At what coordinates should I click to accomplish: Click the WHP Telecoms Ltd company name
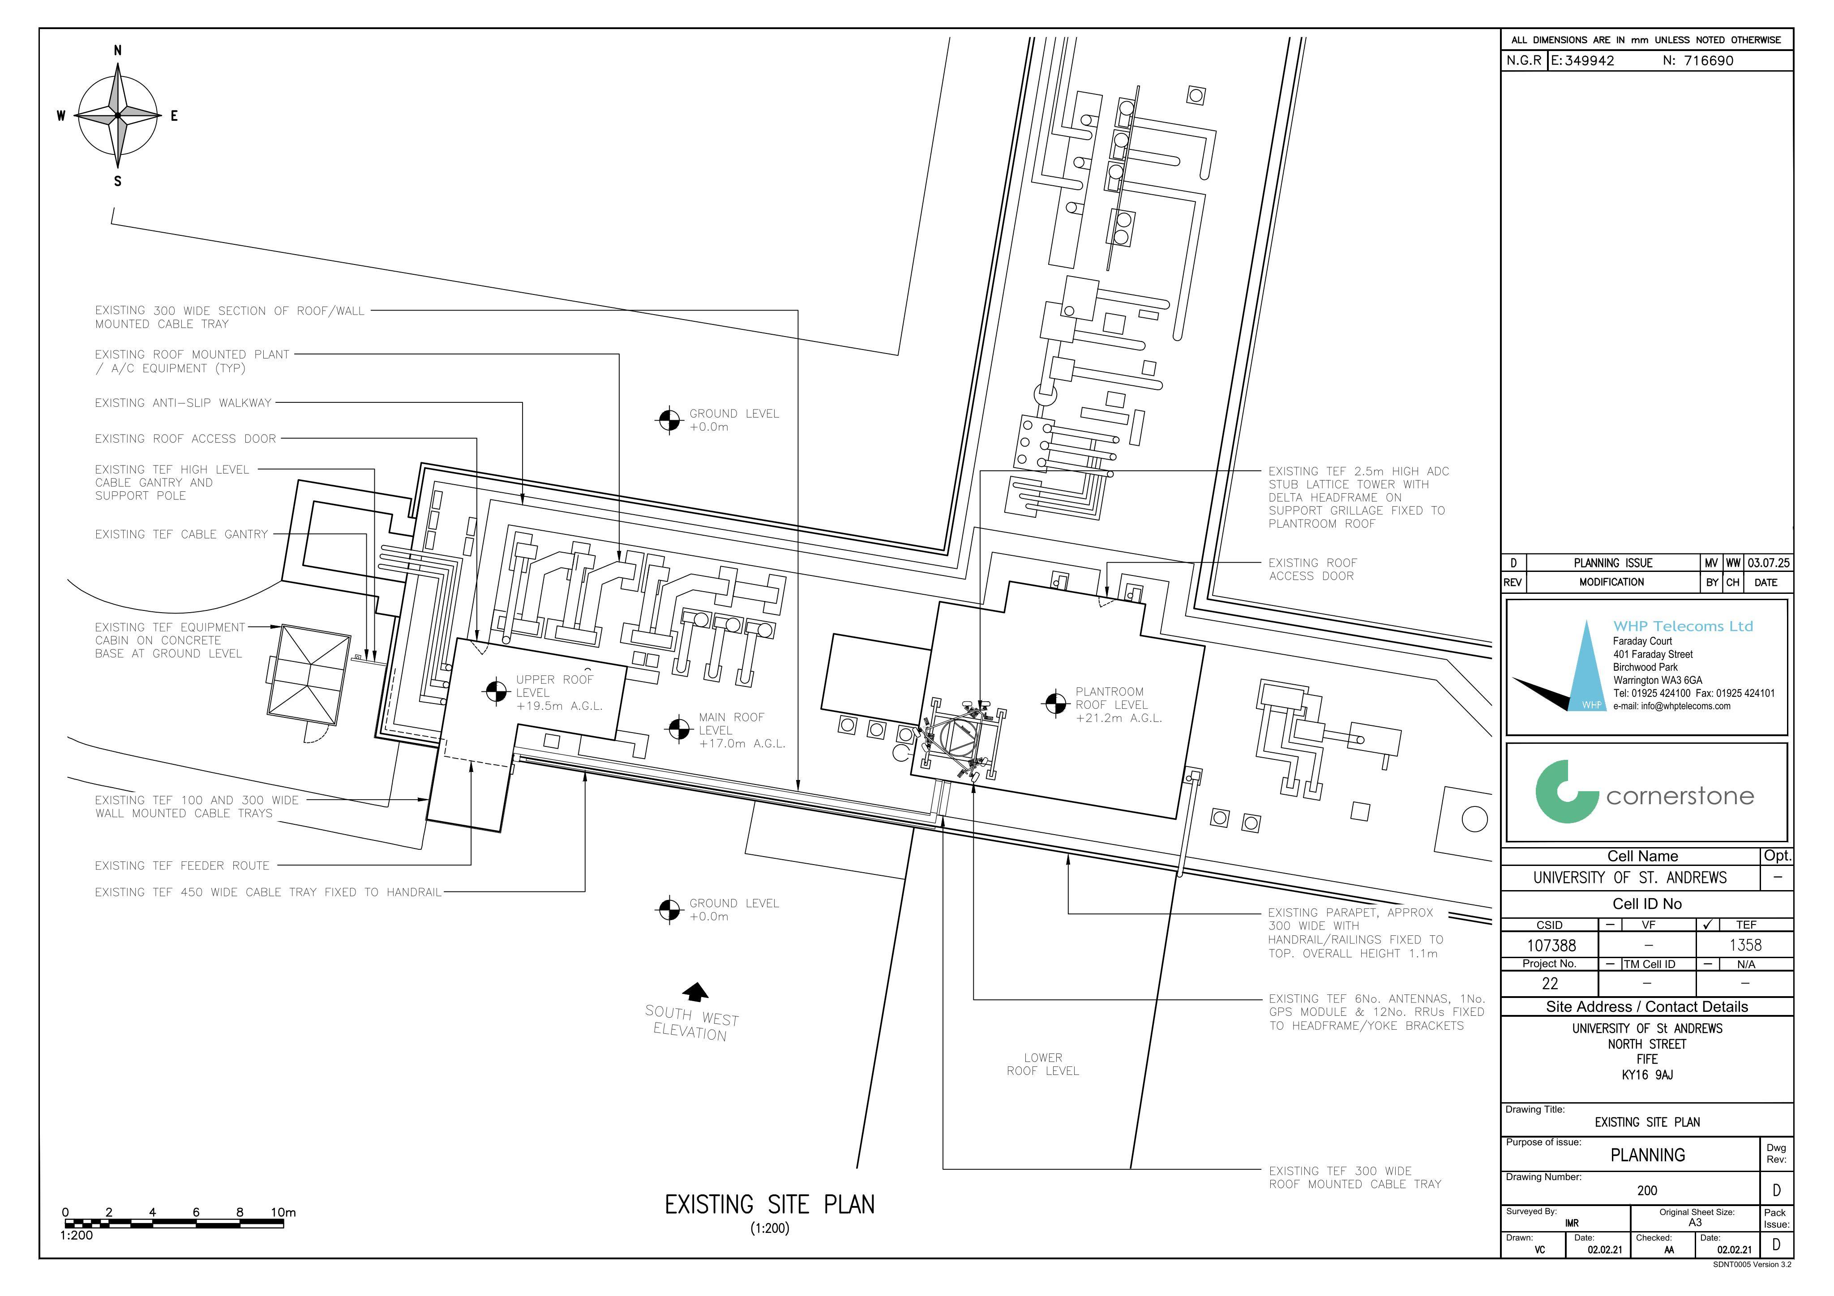coord(1683,626)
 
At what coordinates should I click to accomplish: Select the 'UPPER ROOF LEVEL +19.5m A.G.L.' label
coord(558,692)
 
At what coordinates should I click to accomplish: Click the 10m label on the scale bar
coord(283,1212)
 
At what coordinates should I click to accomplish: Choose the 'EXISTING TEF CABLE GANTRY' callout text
coord(181,534)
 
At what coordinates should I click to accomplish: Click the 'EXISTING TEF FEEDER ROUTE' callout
coord(182,865)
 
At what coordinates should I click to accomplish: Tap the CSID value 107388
coord(1551,946)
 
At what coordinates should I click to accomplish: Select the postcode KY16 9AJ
coord(1647,1075)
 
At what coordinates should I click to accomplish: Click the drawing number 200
coord(1647,1190)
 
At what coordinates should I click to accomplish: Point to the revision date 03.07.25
coord(1769,563)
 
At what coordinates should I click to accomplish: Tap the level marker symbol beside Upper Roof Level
coord(497,691)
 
